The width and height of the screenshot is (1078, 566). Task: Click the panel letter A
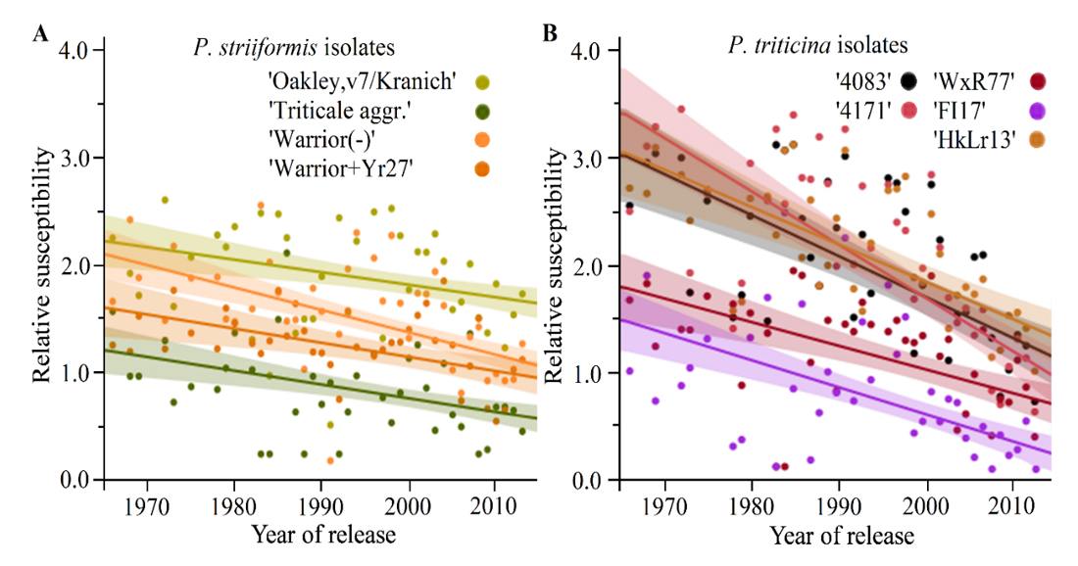click(41, 35)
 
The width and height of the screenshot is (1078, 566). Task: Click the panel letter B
click(551, 35)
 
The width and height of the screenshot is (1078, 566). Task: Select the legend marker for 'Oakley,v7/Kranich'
click(482, 81)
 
